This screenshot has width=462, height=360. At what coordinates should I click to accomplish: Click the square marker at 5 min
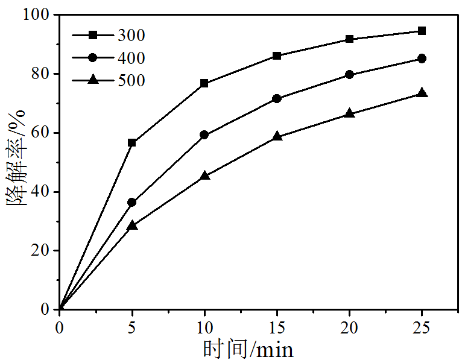132,143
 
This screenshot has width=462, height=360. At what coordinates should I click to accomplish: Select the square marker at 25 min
422,31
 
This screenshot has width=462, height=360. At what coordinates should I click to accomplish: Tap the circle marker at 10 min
204,135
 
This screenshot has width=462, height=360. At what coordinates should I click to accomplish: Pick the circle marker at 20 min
350,75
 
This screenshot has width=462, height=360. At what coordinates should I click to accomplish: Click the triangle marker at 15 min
277,136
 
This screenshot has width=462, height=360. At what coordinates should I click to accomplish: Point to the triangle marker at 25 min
422,93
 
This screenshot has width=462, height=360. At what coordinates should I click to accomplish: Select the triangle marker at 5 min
132,226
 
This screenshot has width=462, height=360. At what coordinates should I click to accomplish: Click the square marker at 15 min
277,56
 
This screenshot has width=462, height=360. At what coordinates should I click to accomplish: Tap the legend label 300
131,36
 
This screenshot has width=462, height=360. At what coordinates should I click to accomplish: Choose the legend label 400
131,58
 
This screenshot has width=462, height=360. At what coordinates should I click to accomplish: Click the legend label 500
131,80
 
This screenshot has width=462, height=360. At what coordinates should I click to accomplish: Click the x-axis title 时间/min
248,349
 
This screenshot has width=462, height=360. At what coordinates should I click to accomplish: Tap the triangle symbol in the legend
92,80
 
